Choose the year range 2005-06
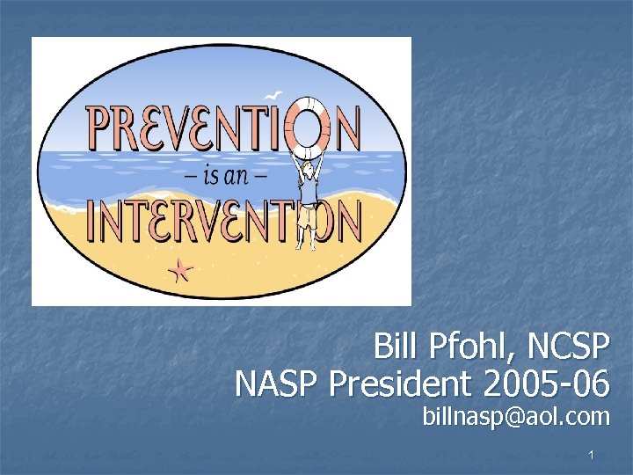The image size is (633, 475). (x=549, y=384)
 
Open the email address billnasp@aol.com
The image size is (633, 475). (x=515, y=416)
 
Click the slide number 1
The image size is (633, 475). (x=593, y=455)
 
